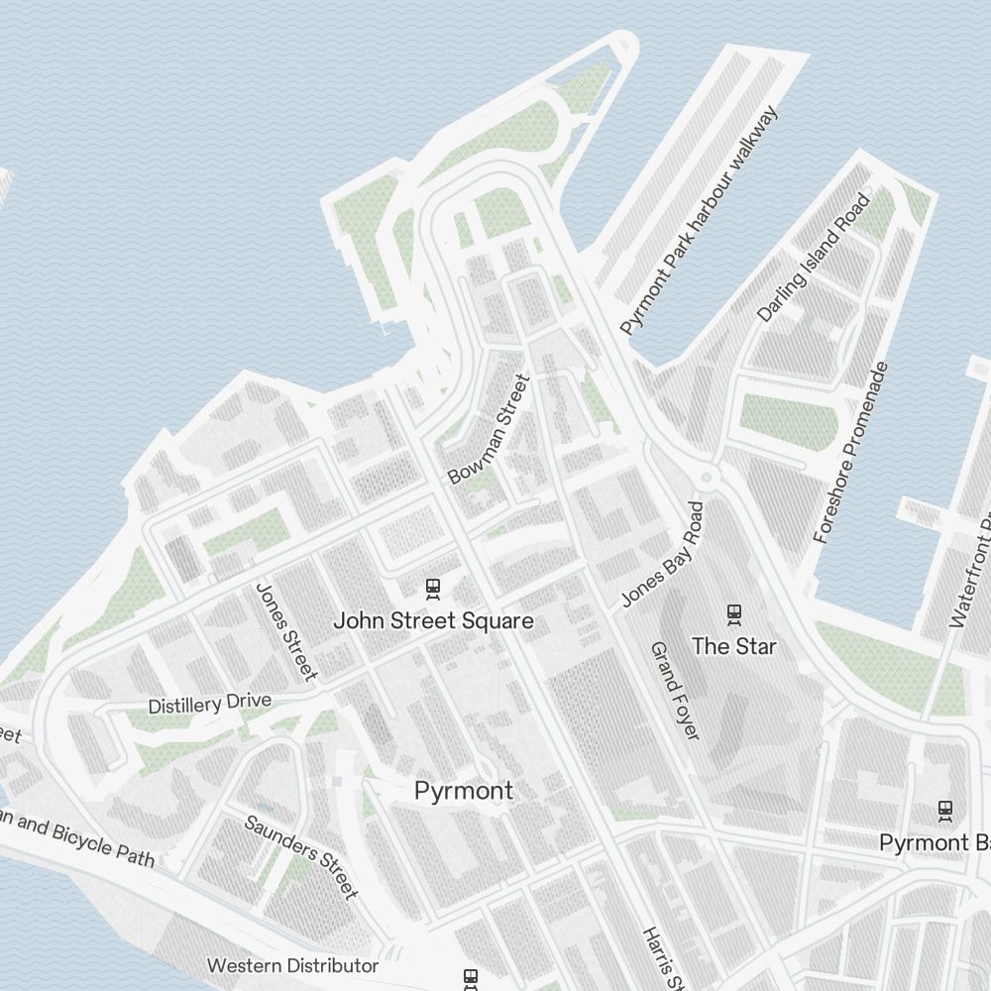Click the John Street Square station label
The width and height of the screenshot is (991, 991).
pos(433,621)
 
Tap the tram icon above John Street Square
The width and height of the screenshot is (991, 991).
pos(433,589)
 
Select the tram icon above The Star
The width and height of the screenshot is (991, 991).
pos(734,614)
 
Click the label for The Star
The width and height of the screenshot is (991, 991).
pos(734,647)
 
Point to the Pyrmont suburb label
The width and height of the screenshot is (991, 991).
pos(464,791)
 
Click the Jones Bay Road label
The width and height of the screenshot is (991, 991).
pos(662,554)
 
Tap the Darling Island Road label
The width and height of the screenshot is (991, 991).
pos(813,258)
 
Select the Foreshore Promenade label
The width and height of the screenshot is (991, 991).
pos(850,453)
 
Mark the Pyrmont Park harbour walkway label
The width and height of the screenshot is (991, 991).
pos(699,220)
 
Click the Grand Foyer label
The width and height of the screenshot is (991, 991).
pos(675,691)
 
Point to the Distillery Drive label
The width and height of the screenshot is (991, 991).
pos(209,704)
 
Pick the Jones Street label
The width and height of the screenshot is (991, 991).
pos(285,631)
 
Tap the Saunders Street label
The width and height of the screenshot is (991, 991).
pos(300,856)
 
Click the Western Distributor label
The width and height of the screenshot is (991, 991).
pos(292,965)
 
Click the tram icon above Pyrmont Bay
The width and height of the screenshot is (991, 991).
pos(945,811)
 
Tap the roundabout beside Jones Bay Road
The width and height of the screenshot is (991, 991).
pos(706,479)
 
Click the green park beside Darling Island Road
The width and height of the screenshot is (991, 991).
pos(789,423)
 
